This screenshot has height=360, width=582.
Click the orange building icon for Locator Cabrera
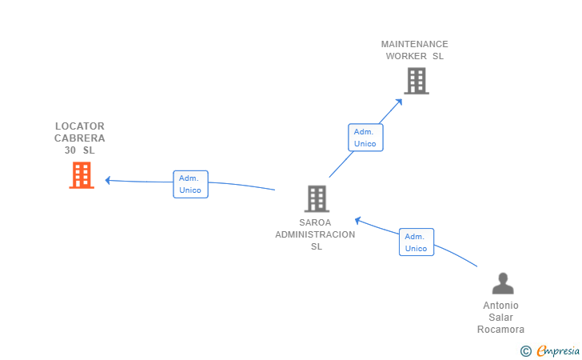click(82, 175)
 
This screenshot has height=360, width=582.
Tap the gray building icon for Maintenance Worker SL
click(417, 81)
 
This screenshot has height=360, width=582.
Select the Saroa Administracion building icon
click(317, 198)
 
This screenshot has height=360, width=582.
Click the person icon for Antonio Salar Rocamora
click(503, 283)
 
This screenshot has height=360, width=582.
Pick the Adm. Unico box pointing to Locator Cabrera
click(190, 184)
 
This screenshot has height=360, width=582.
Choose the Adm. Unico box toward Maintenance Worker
click(365, 138)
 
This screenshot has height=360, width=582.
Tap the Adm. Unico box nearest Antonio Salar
click(417, 242)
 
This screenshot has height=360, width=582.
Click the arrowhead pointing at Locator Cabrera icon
click(108, 181)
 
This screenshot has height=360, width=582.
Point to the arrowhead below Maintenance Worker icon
click(399, 102)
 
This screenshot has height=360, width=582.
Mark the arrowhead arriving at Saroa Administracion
click(358, 221)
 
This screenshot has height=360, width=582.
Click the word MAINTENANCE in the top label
click(415, 44)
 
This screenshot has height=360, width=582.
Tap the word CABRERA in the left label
click(80, 138)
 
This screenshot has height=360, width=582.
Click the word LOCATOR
click(80, 126)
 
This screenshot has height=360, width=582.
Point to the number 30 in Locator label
click(70, 150)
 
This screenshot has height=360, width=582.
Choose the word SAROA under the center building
click(315, 222)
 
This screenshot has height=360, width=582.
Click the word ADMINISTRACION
click(315, 234)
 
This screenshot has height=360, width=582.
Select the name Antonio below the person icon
click(500, 306)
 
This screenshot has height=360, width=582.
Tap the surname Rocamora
click(500, 330)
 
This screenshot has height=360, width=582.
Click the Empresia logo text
click(558, 350)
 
